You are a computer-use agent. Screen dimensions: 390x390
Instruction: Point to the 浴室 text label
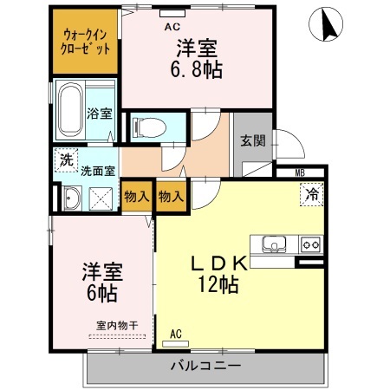(x=99, y=114)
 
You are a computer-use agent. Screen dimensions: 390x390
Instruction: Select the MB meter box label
(x=300, y=173)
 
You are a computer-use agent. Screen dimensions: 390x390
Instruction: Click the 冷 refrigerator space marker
(x=310, y=196)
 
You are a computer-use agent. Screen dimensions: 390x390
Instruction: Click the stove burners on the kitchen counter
(x=309, y=245)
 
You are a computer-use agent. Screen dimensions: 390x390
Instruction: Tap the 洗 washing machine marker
(x=65, y=160)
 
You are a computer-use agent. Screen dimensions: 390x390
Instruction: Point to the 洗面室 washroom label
(x=97, y=171)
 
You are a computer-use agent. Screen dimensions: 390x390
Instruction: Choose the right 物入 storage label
(x=171, y=197)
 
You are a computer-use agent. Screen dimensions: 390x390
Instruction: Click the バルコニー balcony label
(x=205, y=366)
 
